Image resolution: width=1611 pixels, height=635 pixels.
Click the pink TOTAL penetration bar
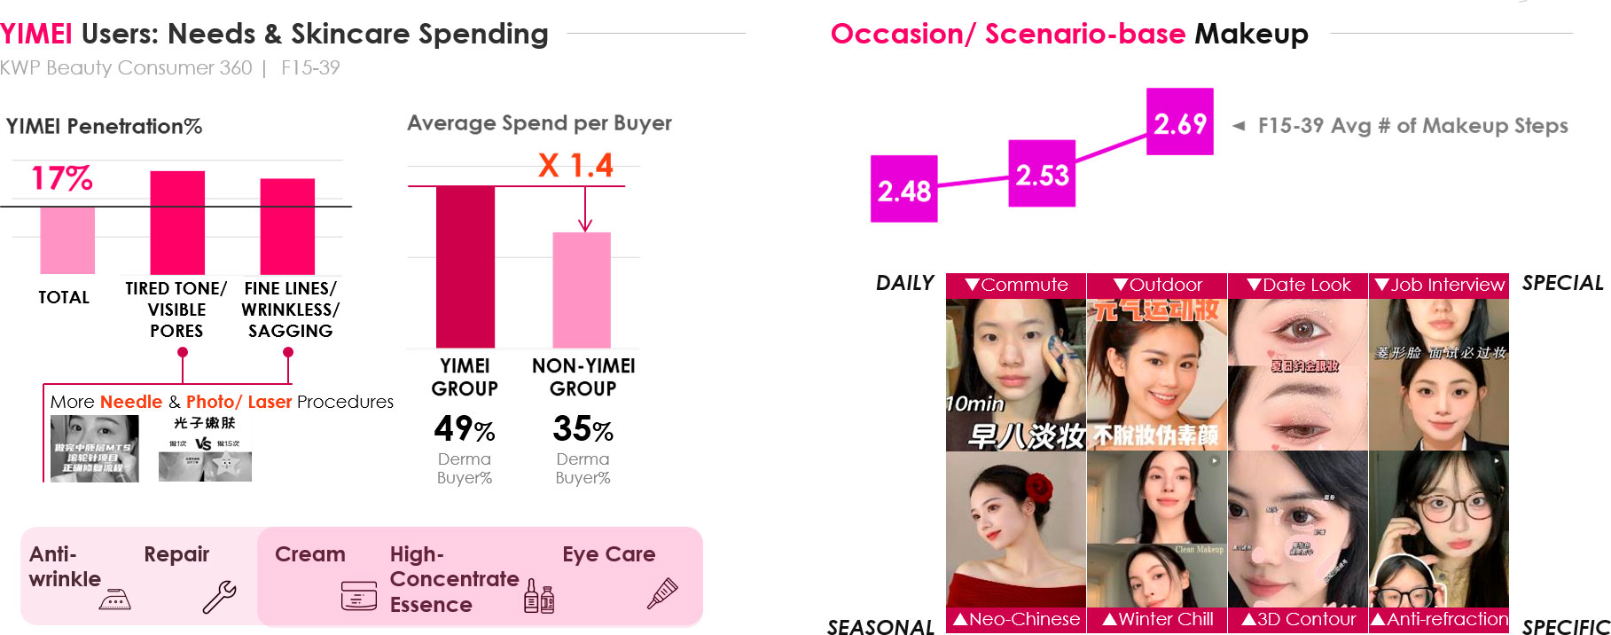(67, 240)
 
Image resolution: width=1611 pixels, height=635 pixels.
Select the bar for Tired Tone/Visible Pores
(177, 223)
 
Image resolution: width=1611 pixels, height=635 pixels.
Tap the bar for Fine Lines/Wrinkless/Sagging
(287, 226)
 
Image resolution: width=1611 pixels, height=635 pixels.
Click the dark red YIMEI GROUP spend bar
(465, 266)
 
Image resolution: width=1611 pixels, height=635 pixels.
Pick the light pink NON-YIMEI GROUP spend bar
(582, 290)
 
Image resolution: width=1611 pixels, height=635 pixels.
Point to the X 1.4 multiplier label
(575, 165)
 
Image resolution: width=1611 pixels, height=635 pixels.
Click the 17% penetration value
(62, 178)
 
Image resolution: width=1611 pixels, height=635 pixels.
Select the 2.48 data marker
(903, 189)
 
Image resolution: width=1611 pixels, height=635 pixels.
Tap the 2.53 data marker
(1042, 174)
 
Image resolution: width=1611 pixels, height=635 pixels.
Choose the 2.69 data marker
(1179, 122)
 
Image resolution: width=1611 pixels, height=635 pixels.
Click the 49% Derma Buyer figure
(464, 429)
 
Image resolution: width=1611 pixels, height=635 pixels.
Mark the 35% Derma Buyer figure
(583, 429)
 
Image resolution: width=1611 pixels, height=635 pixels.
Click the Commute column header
(1016, 285)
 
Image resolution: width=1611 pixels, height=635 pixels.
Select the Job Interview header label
(1439, 285)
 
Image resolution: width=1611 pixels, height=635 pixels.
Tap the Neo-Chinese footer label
(1016, 619)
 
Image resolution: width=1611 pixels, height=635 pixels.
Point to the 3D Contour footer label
(1298, 619)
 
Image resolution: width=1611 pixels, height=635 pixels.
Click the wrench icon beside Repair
(219, 597)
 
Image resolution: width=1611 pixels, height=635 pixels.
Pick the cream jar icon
(358, 596)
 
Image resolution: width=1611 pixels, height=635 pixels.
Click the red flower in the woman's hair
(1038, 487)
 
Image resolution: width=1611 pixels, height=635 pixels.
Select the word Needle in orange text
(131, 402)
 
